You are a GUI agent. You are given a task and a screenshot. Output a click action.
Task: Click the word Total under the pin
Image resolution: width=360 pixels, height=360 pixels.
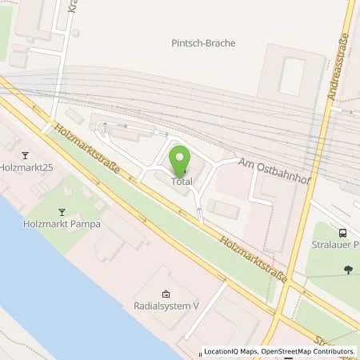(x=179, y=182)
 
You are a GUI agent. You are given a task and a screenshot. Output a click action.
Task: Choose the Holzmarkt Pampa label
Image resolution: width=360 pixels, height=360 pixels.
(x=62, y=224)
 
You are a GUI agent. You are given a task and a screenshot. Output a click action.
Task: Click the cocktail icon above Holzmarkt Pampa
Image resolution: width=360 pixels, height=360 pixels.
(x=62, y=211)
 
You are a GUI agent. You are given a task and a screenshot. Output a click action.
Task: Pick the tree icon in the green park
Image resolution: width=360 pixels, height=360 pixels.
(x=347, y=270)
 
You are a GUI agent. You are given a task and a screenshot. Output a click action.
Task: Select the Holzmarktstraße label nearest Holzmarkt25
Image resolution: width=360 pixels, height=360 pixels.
(x=86, y=147)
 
